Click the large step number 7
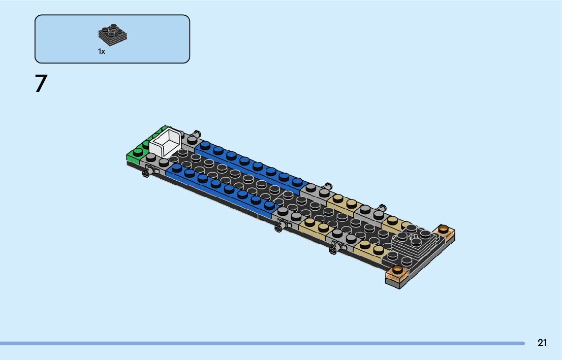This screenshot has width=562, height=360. [x=41, y=83]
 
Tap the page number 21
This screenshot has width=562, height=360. [x=542, y=343]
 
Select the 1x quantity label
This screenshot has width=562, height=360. [x=102, y=52]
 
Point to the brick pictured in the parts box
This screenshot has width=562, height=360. [x=112, y=35]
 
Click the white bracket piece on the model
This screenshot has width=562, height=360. [x=165, y=143]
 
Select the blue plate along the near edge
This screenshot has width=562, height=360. [x=221, y=190]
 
